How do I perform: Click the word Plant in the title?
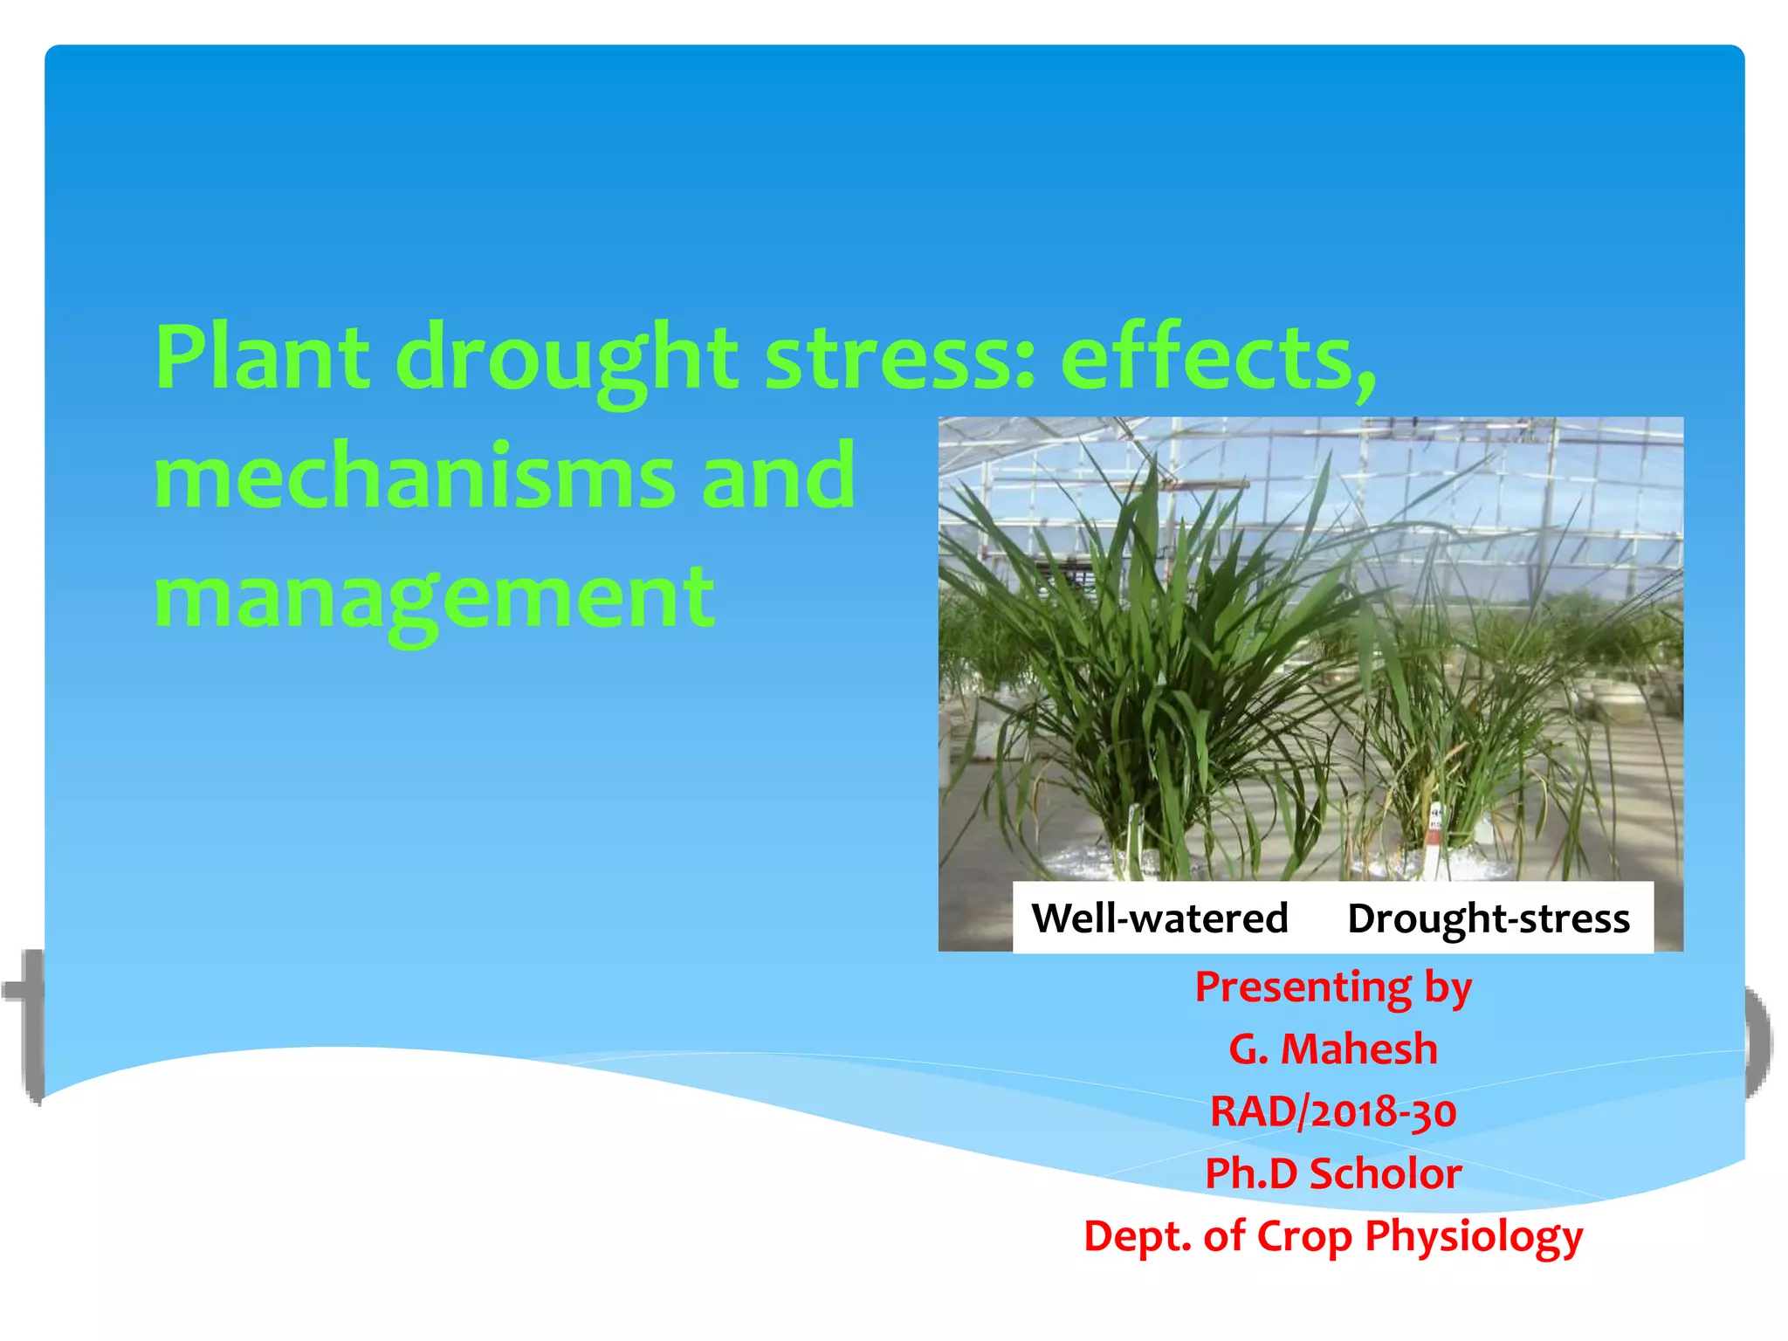pos(262,358)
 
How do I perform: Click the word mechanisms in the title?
pos(415,477)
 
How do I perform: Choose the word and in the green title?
pos(778,477)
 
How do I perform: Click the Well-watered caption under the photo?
pos(1159,918)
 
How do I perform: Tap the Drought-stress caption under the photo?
pos(1489,918)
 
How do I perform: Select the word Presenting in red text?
pos(1303,987)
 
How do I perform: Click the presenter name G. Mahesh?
pos(1333,1049)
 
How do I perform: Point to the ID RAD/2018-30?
pos(1333,1111)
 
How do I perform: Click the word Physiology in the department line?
pos(1474,1236)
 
